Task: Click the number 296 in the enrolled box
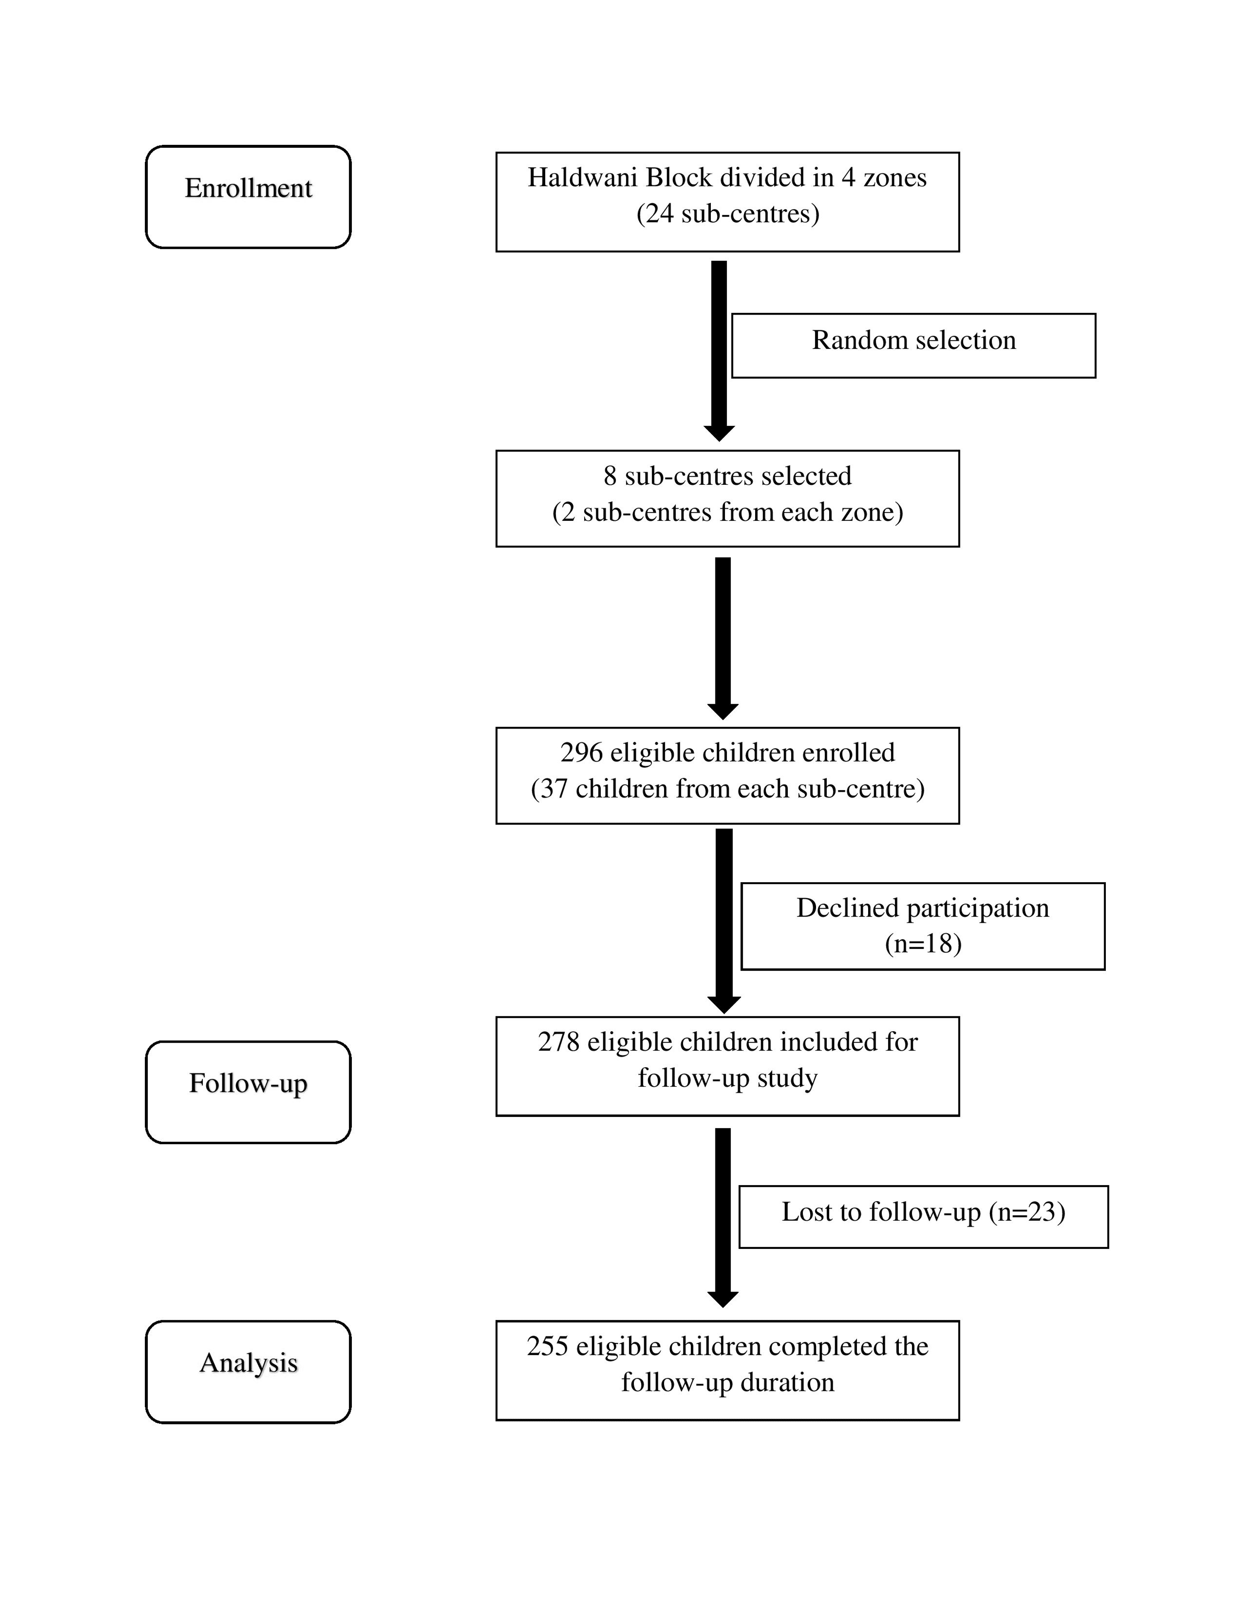(x=581, y=753)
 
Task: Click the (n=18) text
(x=923, y=944)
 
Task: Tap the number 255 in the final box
(x=547, y=1347)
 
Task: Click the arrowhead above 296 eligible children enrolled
(x=722, y=712)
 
